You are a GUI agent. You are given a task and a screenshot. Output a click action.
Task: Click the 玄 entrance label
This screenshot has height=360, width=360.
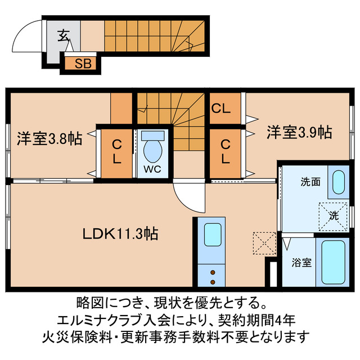coord(62,35)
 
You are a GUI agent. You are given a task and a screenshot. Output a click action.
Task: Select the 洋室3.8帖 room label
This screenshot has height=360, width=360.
coord(49,138)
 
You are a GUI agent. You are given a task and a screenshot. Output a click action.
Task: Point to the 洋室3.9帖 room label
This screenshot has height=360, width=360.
coord(299,133)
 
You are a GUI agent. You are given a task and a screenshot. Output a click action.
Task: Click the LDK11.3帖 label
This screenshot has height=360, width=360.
coord(121,233)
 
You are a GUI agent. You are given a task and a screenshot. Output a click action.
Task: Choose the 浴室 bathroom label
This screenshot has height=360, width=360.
coord(302,262)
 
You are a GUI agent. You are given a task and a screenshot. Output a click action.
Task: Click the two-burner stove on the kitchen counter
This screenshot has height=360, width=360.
coord(213,275)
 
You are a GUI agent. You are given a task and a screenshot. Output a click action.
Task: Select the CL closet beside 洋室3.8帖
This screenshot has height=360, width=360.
coord(116,152)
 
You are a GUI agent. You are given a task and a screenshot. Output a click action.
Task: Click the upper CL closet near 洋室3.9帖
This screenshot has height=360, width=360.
coord(221,109)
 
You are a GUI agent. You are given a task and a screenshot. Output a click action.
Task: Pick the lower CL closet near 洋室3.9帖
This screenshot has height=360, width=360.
coord(225,152)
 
